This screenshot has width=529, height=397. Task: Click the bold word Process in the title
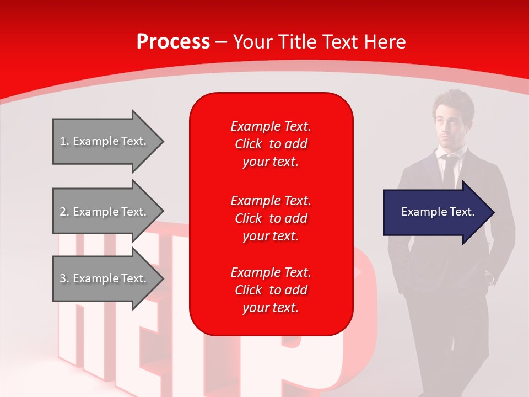pos(173,42)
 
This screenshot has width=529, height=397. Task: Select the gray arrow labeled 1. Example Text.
pos(105,141)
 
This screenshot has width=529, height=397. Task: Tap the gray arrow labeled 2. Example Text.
pos(105,212)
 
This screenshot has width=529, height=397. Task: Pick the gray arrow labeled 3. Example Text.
pos(105,278)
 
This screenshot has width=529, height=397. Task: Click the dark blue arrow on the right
pos(435,212)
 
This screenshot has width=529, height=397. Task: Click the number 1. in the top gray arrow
pos(64,141)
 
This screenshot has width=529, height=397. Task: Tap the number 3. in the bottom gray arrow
pos(64,278)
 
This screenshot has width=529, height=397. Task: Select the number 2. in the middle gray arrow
pos(64,212)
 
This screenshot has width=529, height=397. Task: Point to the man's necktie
pos(449,171)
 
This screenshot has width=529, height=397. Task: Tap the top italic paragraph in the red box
pos(271,144)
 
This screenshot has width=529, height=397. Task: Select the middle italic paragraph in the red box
pos(271,218)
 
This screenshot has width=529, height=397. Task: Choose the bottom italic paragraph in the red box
pos(271,290)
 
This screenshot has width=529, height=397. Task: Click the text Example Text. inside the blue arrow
pos(438,212)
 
